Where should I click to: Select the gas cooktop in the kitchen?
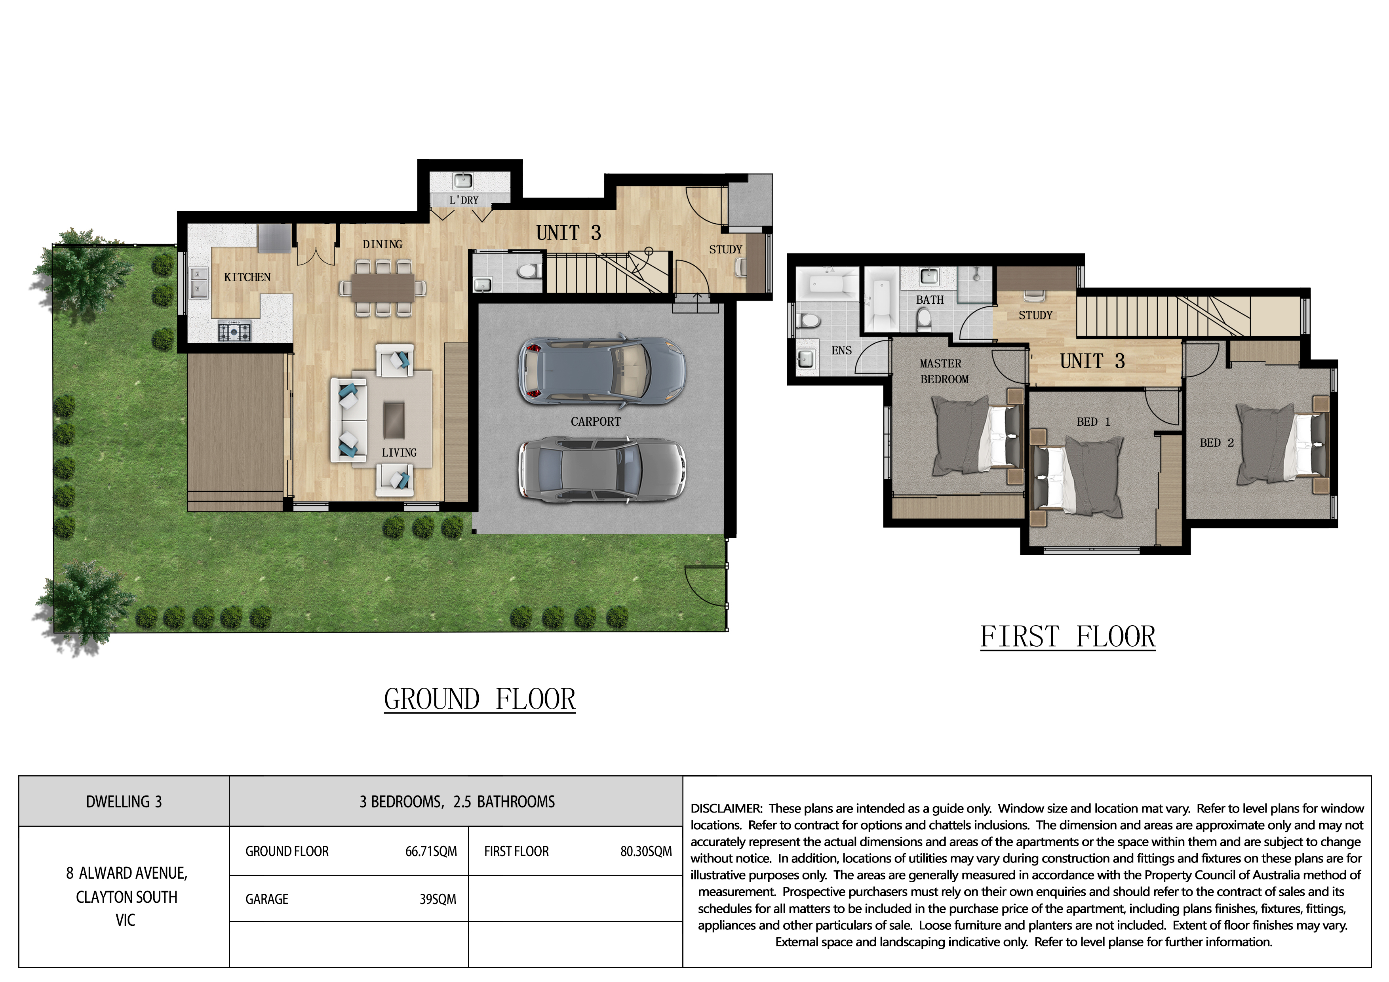(234, 331)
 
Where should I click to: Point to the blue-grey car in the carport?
(601, 369)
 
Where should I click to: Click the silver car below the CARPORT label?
(601, 470)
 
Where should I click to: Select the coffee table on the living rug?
(394, 419)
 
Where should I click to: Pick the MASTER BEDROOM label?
(943, 371)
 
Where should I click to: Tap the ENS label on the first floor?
(841, 350)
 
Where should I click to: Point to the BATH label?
(929, 299)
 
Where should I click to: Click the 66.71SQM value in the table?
(431, 851)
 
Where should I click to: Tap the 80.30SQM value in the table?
(645, 851)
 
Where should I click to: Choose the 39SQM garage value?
(438, 899)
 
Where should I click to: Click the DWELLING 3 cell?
(124, 802)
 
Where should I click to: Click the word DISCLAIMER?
(726, 808)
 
